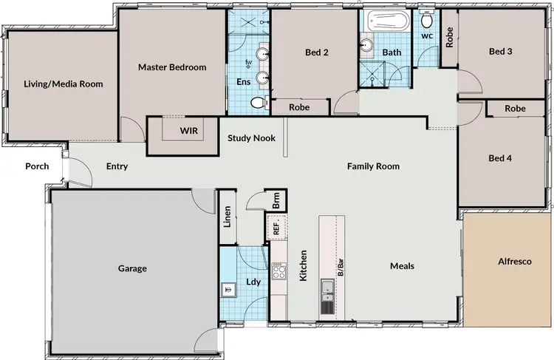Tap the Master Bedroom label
point(172,67)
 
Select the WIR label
point(189,130)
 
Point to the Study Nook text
point(251,137)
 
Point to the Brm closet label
point(276,200)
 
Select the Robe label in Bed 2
point(299,107)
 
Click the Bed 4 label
point(499,158)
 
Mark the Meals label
point(403,266)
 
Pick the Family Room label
point(373,166)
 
